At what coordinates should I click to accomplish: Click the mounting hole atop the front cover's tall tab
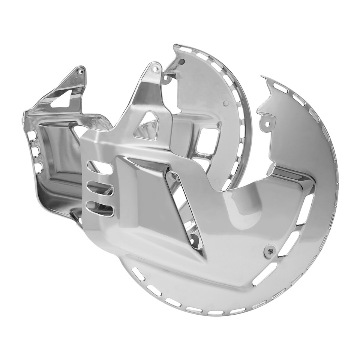pos(153,68)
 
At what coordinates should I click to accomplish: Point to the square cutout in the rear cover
pos(208,142)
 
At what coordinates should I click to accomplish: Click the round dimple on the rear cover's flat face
pos(225,102)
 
